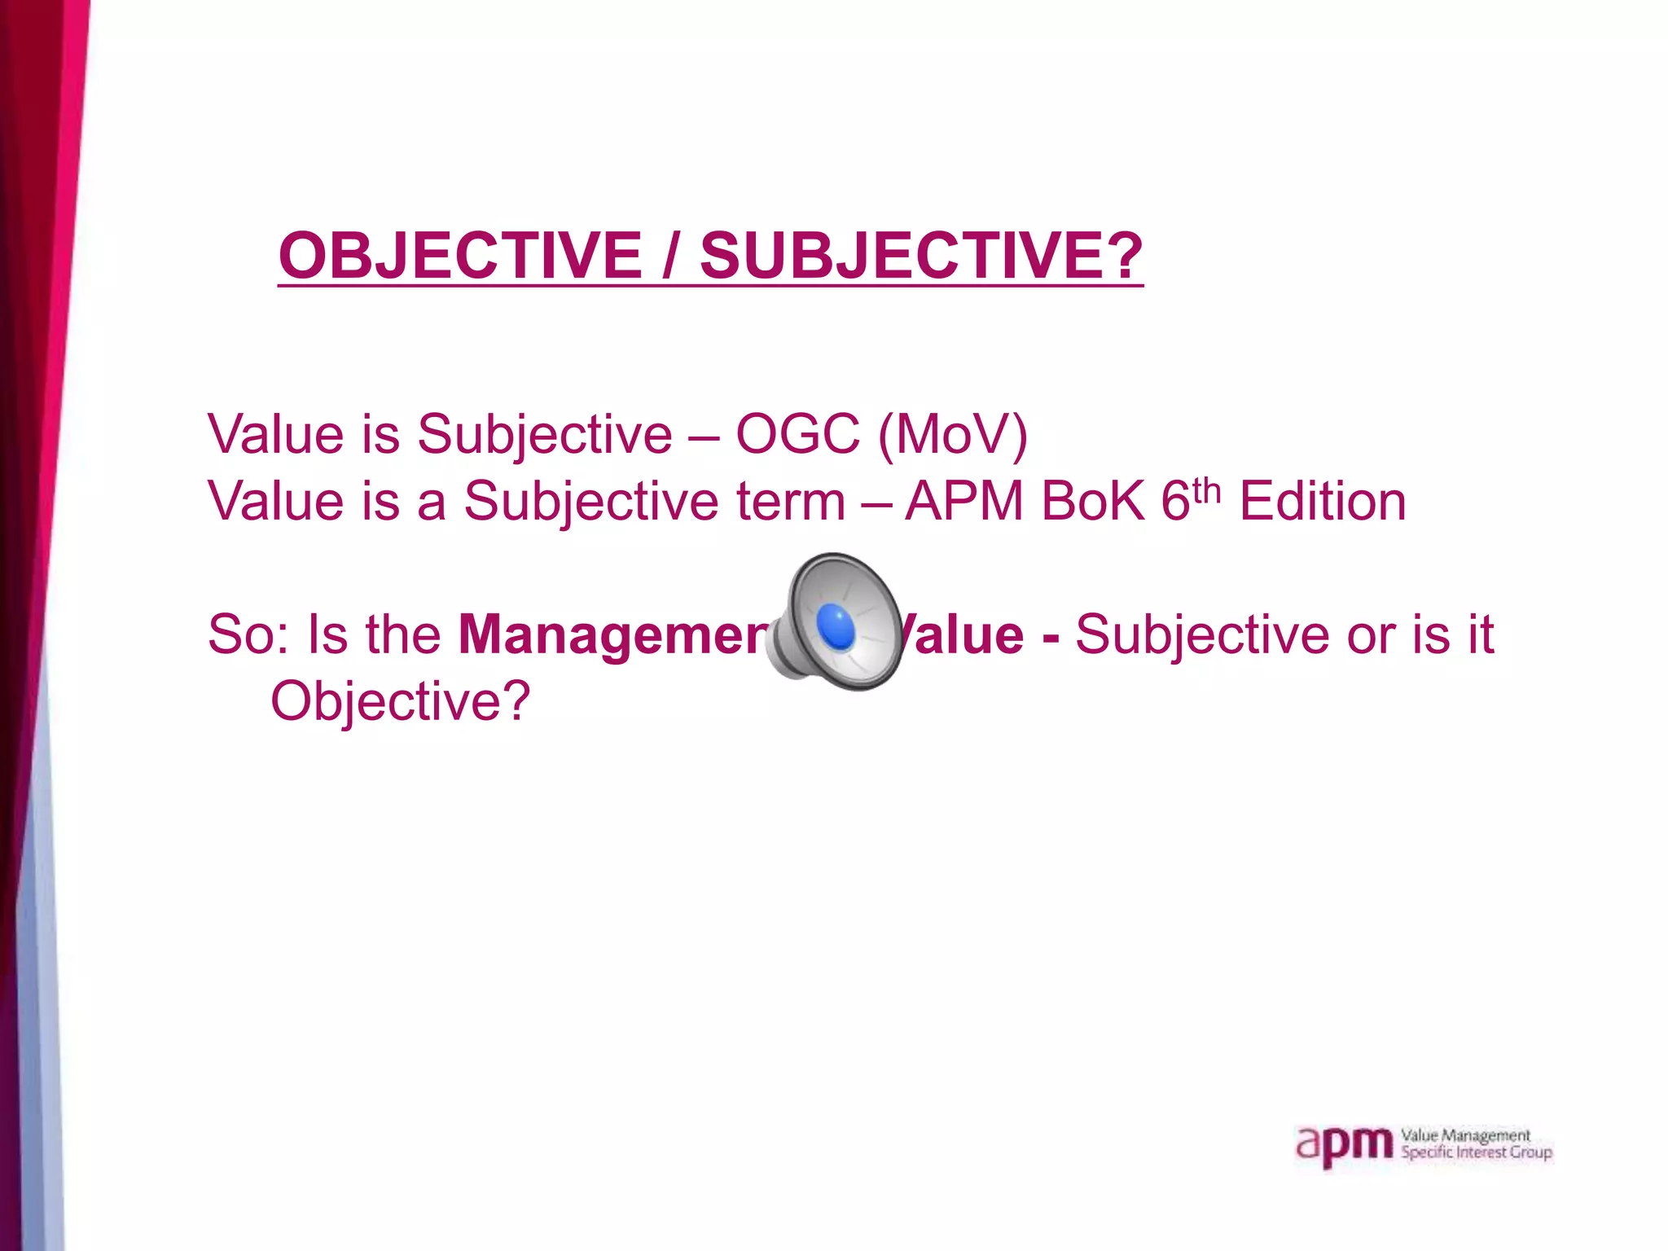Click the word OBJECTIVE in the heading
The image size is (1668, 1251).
(460, 256)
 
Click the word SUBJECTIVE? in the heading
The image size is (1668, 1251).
(921, 256)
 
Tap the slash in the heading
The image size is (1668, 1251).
(670, 256)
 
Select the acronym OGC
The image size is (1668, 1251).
(797, 433)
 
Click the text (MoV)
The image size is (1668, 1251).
(952, 434)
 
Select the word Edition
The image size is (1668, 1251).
(1323, 500)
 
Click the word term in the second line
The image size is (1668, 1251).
(791, 500)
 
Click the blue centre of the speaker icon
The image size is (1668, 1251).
(836, 627)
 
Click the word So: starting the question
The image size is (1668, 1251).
(248, 634)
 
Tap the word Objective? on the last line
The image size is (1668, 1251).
(400, 701)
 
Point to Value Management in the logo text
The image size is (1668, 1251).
(1465, 1135)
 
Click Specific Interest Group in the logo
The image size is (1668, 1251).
(1476, 1152)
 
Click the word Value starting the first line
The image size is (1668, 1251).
(276, 433)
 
